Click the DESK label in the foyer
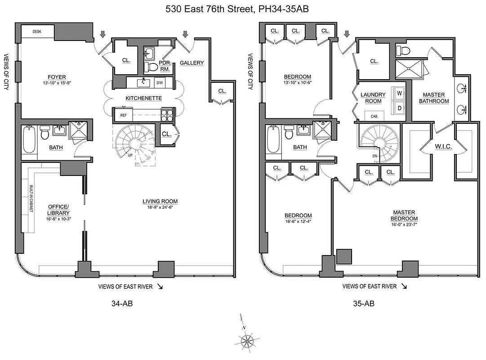tap(37, 31)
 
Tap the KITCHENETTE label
tap(144, 98)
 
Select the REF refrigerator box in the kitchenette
tap(124, 115)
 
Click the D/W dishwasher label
tap(159, 83)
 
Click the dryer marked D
tap(398, 108)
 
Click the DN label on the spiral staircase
tap(375, 156)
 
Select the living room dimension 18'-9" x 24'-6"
tap(161, 208)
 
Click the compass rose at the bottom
tap(246, 341)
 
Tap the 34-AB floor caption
tap(122, 304)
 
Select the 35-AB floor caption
tap(364, 304)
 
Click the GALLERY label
tap(192, 63)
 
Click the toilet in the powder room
tap(152, 67)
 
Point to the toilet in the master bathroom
tap(404, 50)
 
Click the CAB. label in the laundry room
tap(374, 116)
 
